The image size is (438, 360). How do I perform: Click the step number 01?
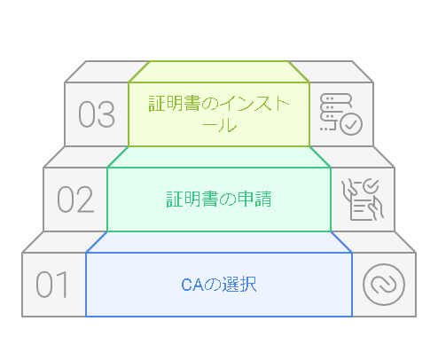[52, 285]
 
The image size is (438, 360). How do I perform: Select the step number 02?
[75, 200]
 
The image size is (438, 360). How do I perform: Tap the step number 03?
[97, 114]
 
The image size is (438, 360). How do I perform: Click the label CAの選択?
[219, 285]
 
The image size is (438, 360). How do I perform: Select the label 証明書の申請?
[219, 199]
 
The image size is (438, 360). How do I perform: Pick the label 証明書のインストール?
[219, 113]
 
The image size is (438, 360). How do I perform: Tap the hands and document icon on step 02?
[363, 200]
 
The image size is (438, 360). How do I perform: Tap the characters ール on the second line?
[219, 125]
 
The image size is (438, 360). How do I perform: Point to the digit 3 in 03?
[106, 114]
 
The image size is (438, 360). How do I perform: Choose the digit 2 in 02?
[86, 200]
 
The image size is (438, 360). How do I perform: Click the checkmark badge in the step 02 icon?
[371, 186]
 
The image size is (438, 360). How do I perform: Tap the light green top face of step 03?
[219, 72]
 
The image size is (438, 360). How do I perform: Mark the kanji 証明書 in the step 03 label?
[175, 104]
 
